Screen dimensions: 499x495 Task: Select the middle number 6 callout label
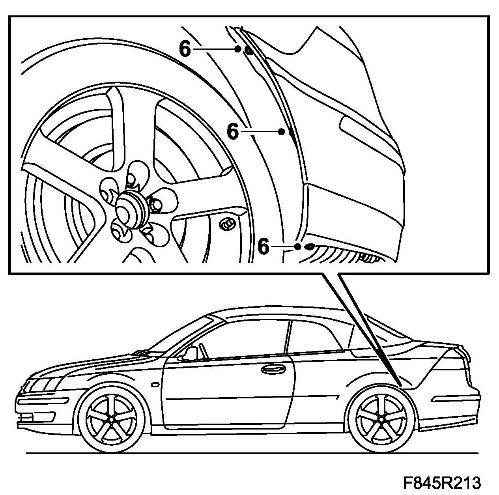[x=233, y=131]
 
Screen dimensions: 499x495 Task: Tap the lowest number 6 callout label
[x=264, y=247]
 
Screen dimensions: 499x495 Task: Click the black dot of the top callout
[x=237, y=49]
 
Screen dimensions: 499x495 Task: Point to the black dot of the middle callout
[x=282, y=132]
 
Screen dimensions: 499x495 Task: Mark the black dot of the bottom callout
[x=298, y=247]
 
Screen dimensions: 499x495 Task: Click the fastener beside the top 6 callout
[x=249, y=51]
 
